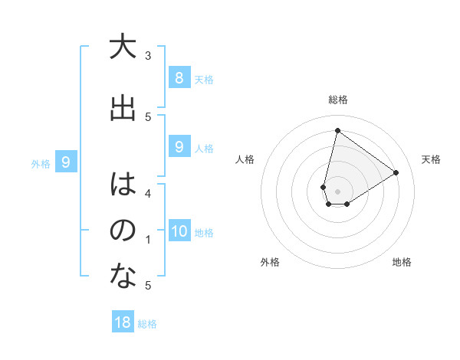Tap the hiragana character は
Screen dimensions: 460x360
(122, 185)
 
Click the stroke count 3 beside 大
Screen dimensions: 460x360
(148, 56)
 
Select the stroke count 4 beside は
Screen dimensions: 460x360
(148, 193)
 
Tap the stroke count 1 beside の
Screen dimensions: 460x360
(148, 240)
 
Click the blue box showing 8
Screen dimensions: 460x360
(179, 77)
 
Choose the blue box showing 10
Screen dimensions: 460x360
(179, 231)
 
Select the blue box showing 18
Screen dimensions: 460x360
(123, 322)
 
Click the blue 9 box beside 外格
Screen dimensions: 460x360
(66, 162)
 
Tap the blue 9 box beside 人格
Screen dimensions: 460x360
(179, 147)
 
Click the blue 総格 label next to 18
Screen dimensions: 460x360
(147, 324)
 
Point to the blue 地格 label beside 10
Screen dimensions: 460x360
(204, 233)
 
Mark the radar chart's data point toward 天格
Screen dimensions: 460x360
(396, 172)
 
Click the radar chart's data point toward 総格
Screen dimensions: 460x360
(337, 130)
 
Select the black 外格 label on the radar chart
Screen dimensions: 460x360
(270, 262)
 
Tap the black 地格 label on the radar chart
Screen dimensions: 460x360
(402, 262)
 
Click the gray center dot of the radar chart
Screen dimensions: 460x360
(337, 191)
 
